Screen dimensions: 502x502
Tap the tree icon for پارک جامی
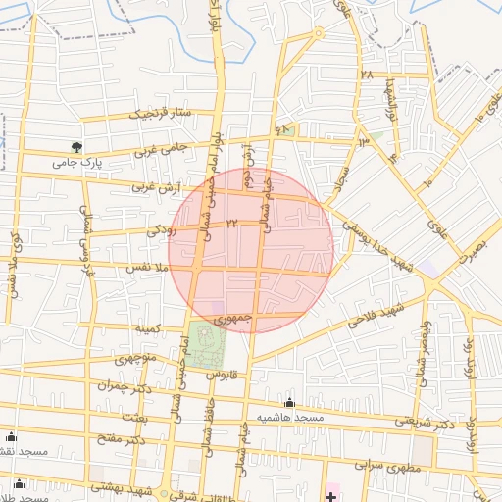(90, 147)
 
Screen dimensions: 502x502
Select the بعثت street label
(133, 417)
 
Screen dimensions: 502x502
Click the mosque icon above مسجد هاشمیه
(289, 402)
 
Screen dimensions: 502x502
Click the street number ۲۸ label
(368, 75)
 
